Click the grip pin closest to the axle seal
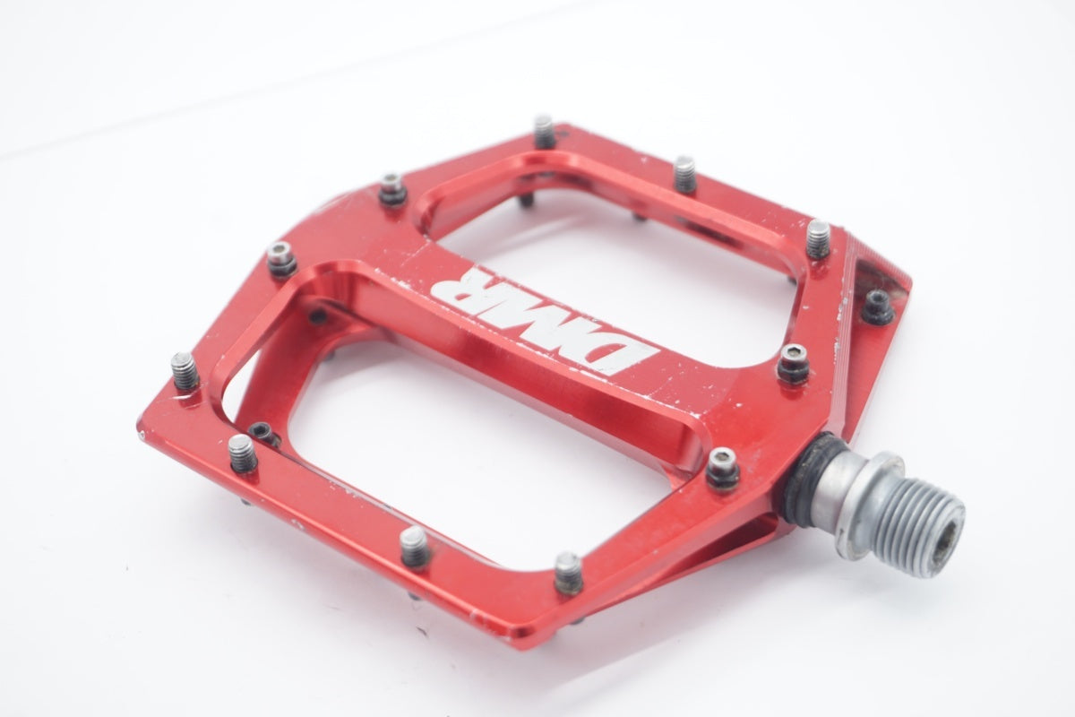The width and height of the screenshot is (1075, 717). pos(722,469)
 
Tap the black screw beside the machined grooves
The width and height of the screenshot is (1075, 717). pos(878,307)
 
